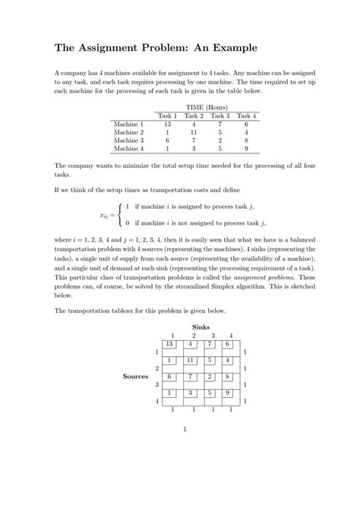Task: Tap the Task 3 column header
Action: click(220, 115)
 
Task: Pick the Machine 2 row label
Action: click(128, 132)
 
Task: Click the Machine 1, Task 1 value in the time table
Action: click(167, 124)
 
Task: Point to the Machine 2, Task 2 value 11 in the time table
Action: click(194, 132)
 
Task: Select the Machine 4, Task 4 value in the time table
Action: click(246, 149)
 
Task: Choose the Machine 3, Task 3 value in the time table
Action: click(220, 140)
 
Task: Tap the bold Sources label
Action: click(135, 376)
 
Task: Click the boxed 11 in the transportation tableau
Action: click(191, 360)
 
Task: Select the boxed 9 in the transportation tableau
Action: click(228, 393)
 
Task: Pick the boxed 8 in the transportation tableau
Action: click(228, 376)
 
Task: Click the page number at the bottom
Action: click(185, 428)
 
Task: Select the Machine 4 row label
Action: click(128, 149)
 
